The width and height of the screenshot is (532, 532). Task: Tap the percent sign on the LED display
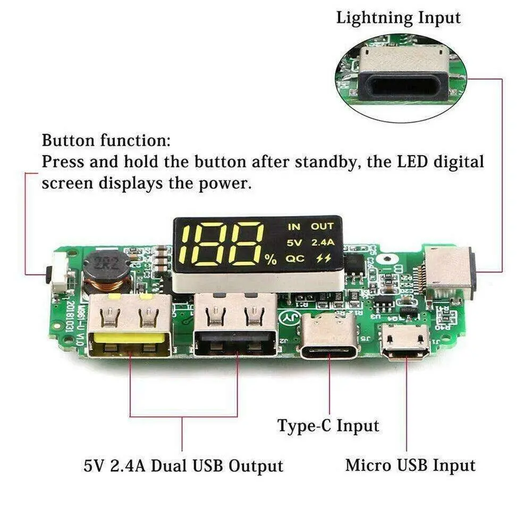pos(271,260)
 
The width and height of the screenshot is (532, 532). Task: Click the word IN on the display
pos(294,226)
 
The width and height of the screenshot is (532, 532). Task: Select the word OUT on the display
pos(322,226)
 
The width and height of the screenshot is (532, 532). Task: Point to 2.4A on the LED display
pos(322,243)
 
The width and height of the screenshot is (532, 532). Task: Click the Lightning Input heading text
pos(398,18)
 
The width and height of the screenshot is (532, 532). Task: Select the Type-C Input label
pos(328,426)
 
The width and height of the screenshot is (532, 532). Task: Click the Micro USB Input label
pos(410,466)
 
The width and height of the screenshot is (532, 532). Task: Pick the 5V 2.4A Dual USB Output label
pos(183,466)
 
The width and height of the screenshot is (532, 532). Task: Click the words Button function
pos(106,141)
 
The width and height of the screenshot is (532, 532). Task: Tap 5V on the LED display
pos(294,243)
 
